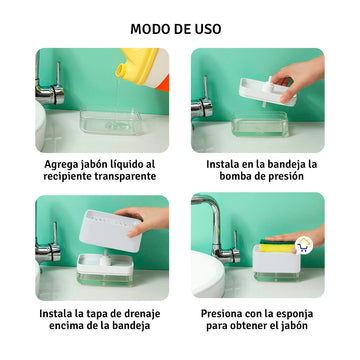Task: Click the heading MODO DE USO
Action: pos(176,29)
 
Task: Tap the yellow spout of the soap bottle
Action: pos(122,70)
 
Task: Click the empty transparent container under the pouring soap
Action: pos(111,120)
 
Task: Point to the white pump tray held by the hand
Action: pos(268,92)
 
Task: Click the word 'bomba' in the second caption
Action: pos(234,176)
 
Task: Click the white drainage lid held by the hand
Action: pos(111,230)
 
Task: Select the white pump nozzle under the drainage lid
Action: pos(106,257)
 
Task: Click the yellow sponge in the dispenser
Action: pos(277,247)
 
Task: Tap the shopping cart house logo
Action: pos(304,246)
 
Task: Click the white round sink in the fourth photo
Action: pos(208,273)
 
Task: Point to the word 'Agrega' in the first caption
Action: pos(57,165)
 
